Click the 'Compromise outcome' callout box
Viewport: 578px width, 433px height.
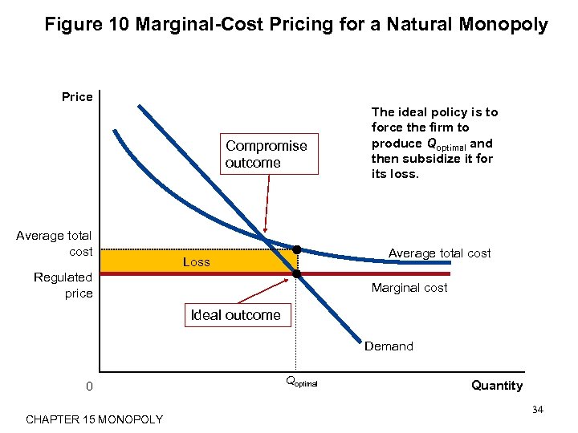266,154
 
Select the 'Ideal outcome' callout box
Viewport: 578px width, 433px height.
235,315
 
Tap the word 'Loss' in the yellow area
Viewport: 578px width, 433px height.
196,262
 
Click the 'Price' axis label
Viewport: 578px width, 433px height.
77,97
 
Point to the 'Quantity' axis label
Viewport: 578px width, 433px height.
496,386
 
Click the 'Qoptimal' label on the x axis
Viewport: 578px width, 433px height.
301,382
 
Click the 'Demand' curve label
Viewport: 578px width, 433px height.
389,346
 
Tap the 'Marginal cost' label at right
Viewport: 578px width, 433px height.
409,288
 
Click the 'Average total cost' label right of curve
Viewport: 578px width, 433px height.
439,253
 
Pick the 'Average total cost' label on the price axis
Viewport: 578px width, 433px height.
55,243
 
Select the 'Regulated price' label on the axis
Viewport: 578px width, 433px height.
63,285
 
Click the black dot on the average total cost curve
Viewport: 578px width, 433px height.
296,250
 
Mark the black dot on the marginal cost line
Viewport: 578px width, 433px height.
296,274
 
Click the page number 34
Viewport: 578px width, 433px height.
538,411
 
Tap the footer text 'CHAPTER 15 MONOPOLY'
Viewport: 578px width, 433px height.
94,419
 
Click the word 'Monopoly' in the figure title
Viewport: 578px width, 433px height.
507,25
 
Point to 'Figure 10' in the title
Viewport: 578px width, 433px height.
88,25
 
